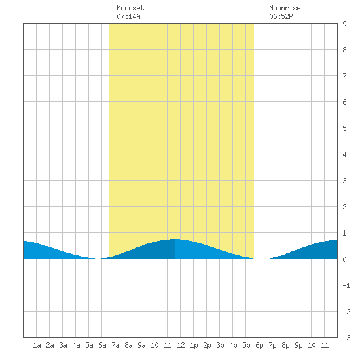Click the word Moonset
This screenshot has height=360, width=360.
130,8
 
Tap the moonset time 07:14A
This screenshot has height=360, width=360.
128,16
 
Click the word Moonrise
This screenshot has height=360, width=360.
285,8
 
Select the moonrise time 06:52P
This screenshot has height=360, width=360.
281,16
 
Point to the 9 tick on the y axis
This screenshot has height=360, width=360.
344,24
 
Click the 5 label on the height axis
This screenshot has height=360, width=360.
344,128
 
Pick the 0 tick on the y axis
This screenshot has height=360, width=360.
344,259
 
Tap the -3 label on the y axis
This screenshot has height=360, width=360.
346,338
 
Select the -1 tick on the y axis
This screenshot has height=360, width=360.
346,285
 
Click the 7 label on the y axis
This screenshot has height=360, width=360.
344,76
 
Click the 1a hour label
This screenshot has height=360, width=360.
37,345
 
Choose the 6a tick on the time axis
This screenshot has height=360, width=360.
102,345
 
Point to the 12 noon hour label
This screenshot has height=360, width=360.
181,345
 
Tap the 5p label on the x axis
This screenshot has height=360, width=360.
246,345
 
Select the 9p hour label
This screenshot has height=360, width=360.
298,345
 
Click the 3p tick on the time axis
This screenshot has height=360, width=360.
220,345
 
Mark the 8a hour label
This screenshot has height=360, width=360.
128,345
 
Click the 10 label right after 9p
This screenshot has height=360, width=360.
312,345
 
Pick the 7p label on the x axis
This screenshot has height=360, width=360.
272,345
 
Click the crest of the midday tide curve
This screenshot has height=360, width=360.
175,239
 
